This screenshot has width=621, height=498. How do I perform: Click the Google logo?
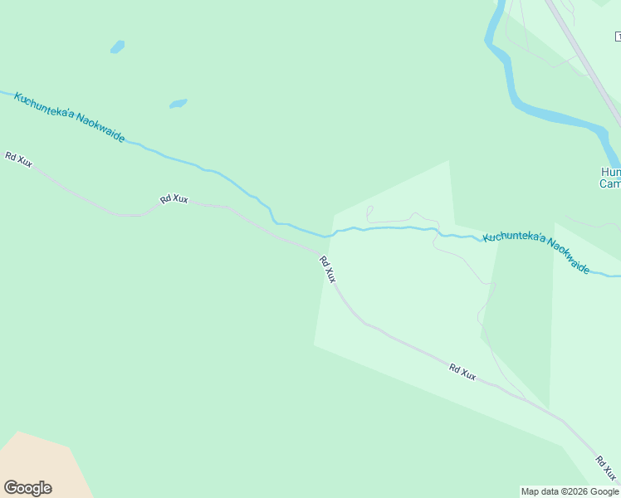[27, 488]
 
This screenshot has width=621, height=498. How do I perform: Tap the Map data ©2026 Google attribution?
[570, 491]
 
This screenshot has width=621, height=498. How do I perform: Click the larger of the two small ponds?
[178, 104]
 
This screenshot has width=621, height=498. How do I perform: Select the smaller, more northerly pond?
[117, 46]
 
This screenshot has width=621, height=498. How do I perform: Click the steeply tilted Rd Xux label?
[327, 269]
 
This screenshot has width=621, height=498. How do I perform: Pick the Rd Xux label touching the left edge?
[18, 159]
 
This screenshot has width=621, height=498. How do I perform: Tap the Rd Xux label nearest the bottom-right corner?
[608, 467]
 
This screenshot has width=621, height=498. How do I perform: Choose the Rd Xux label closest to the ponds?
[174, 199]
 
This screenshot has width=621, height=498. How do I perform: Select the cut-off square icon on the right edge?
[618, 36]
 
